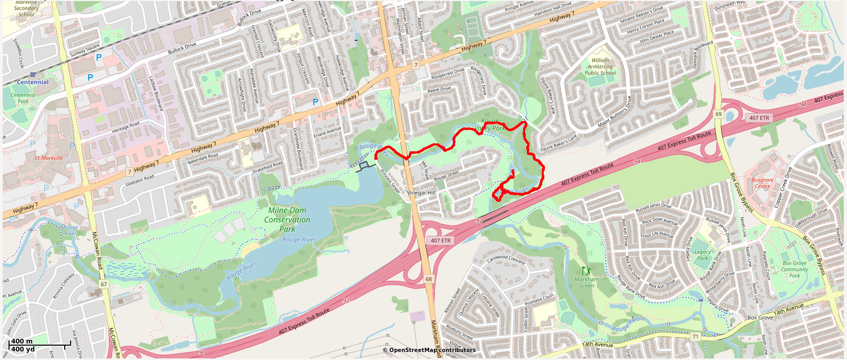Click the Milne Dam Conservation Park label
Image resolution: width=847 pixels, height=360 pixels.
coord(287,220)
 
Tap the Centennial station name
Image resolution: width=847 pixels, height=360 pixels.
coord(32,82)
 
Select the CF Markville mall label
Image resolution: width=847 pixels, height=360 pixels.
coord(48,158)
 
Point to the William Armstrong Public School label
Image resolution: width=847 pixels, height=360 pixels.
coord(600,67)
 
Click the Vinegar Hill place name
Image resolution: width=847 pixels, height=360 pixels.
coord(421,193)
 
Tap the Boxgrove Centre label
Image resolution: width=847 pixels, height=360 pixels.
coord(762,183)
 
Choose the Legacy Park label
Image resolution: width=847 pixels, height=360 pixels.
coord(702,255)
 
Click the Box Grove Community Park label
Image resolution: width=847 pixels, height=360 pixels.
coord(794,269)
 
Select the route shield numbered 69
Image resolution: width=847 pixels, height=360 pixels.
coord(718,114)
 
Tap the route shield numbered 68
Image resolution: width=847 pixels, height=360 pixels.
coord(429,279)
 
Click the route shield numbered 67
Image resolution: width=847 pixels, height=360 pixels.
coord(104,285)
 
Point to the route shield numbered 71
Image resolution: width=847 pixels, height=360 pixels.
coord(696,337)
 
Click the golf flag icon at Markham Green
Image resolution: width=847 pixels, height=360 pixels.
coord(586,271)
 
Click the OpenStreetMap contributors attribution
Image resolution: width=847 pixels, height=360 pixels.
coord(429,350)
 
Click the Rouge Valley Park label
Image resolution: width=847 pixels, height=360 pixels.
coord(489,125)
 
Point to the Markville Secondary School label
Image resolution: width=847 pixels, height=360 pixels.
coord(26,8)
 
